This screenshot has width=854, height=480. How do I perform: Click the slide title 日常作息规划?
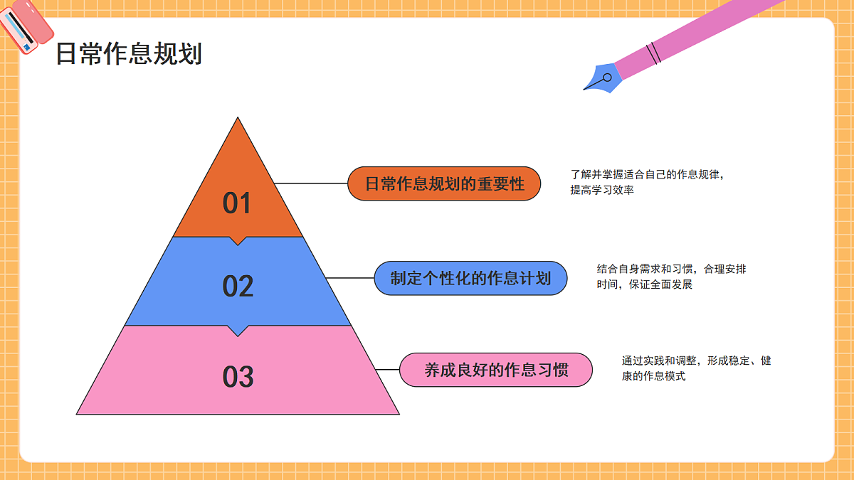click(129, 54)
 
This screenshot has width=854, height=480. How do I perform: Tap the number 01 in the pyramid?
click(237, 203)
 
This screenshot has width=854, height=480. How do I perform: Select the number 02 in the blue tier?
click(238, 286)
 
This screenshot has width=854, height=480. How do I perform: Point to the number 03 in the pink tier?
click(238, 377)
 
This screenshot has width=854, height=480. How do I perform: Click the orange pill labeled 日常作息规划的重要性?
click(444, 183)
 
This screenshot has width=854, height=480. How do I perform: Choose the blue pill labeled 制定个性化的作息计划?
click(470, 278)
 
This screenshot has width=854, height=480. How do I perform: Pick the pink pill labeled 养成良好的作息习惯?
click(496, 370)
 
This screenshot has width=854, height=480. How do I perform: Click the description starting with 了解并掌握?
click(647, 182)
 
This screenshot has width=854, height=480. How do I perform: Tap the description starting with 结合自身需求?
click(671, 277)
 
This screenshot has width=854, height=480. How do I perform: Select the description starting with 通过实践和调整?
click(697, 368)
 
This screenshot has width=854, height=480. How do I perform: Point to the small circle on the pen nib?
click(607, 78)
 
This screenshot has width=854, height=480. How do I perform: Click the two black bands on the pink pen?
click(653, 53)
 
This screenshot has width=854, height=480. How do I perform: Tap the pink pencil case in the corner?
click(25, 26)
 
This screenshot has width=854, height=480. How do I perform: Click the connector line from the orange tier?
click(311, 183)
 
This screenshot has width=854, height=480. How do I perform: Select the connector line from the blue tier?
click(350, 278)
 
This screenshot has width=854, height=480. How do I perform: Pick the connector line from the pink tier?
click(387, 370)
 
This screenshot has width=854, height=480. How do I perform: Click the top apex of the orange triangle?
click(238, 117)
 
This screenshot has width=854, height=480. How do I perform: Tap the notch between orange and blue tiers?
click(238, 245)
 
